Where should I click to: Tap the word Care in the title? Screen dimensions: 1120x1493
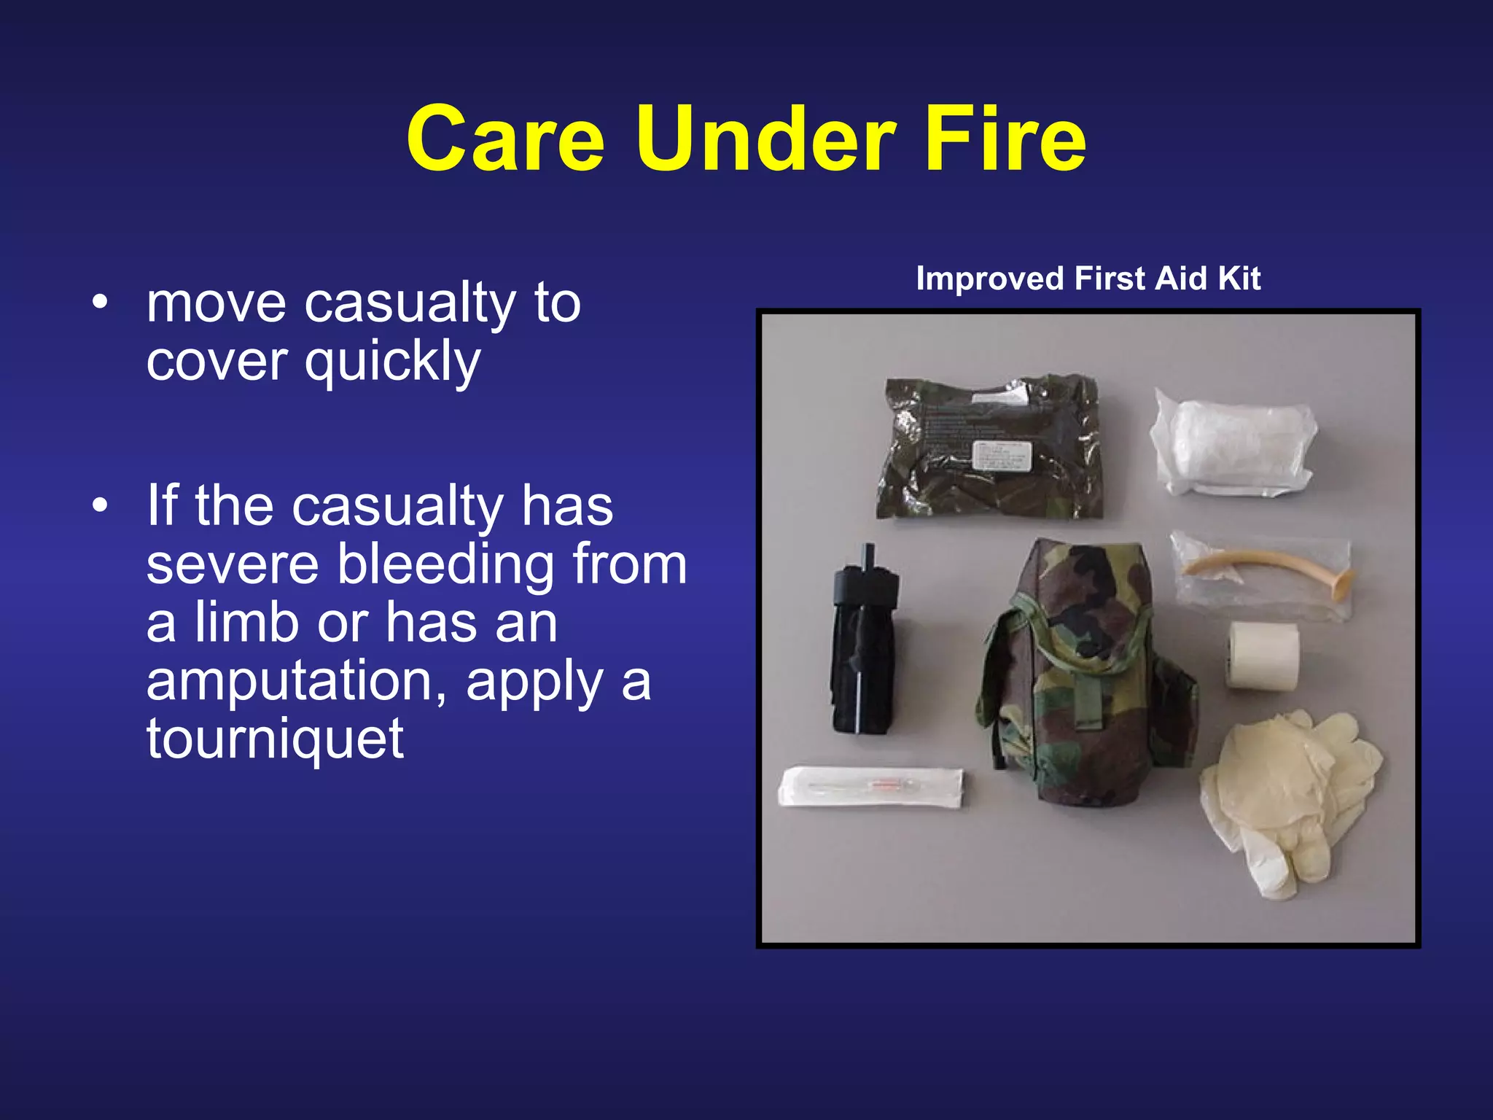pos(505,139)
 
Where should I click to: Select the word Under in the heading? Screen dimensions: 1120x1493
pos(765,139)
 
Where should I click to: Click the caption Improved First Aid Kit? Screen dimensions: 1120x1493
pos(1088,279)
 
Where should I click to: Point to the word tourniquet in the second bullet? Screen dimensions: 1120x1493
pos(275,739)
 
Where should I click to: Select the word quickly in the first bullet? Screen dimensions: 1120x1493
pos(392,362)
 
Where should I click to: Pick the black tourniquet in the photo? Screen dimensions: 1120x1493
pos(865,642)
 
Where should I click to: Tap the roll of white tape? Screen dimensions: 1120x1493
pos(1262,655)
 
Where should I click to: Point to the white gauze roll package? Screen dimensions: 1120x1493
pos(1232,442)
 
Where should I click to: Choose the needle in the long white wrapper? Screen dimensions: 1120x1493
pos(871,787)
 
